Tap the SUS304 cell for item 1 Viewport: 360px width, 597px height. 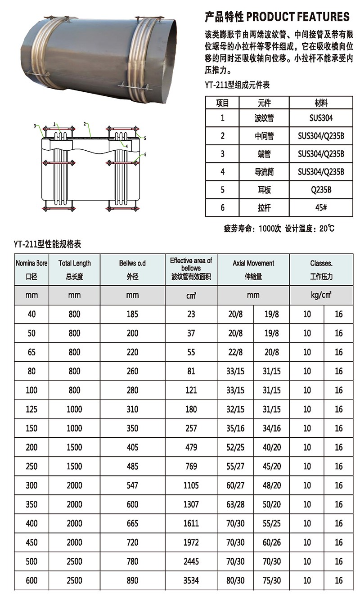coord(321,118)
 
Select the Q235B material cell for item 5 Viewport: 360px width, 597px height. coord(321,190)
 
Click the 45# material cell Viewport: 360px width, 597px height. coord(321,208)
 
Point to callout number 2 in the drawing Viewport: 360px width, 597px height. coord(85,123)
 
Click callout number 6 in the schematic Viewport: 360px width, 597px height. coord(145,154)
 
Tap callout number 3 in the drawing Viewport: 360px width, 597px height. coord(35,126)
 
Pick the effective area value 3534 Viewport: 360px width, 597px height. coord(191,580)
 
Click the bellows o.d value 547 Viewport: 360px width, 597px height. coord(132,485)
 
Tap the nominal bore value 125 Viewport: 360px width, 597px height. coord(31,409)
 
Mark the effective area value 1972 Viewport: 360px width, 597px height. coord(191,543)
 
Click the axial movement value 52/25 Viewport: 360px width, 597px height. coord(235,447)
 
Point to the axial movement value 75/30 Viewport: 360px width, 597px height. coord(271,580)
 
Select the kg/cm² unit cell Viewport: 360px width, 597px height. coord(321,295)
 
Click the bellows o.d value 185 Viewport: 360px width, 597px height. coord(132,314)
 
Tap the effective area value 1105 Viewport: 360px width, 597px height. coord(191,485)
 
